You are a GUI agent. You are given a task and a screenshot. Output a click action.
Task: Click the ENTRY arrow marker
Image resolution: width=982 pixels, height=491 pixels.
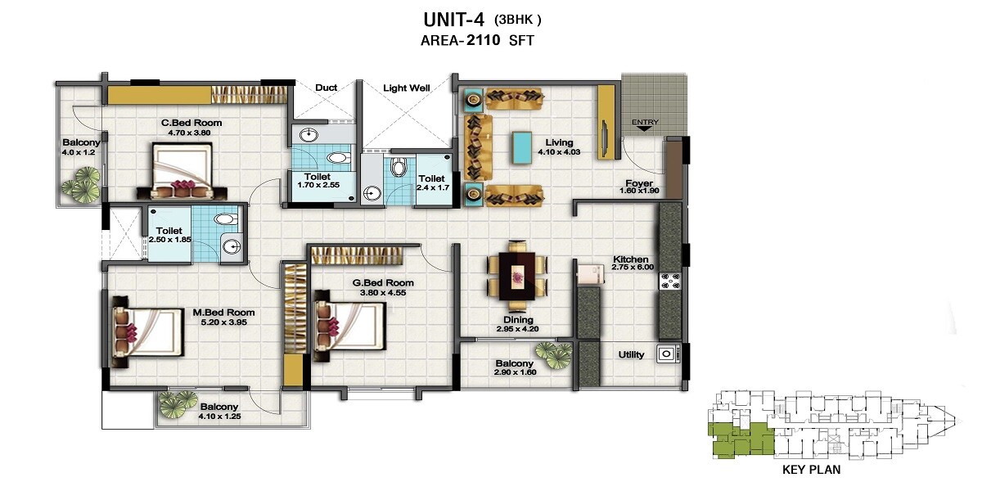tap(645, 125)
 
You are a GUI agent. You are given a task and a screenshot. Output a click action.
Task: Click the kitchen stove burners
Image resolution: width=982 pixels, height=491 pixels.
tap(670, 281)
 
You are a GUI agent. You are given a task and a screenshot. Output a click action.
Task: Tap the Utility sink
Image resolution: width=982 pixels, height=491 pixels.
tap(668, 354)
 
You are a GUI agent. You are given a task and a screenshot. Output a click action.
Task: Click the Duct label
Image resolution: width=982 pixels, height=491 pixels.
tap(325, 87)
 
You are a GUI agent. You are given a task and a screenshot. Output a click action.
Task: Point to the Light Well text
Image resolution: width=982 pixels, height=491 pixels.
tap(406, 87)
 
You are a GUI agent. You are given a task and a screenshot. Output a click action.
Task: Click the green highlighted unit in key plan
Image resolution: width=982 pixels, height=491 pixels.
tap(738, 440)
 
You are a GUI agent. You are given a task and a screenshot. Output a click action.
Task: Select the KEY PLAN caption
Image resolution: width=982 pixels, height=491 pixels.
tap(811, 470)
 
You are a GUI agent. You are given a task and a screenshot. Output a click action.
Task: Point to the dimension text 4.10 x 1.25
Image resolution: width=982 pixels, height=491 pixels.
tap(218, 417)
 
